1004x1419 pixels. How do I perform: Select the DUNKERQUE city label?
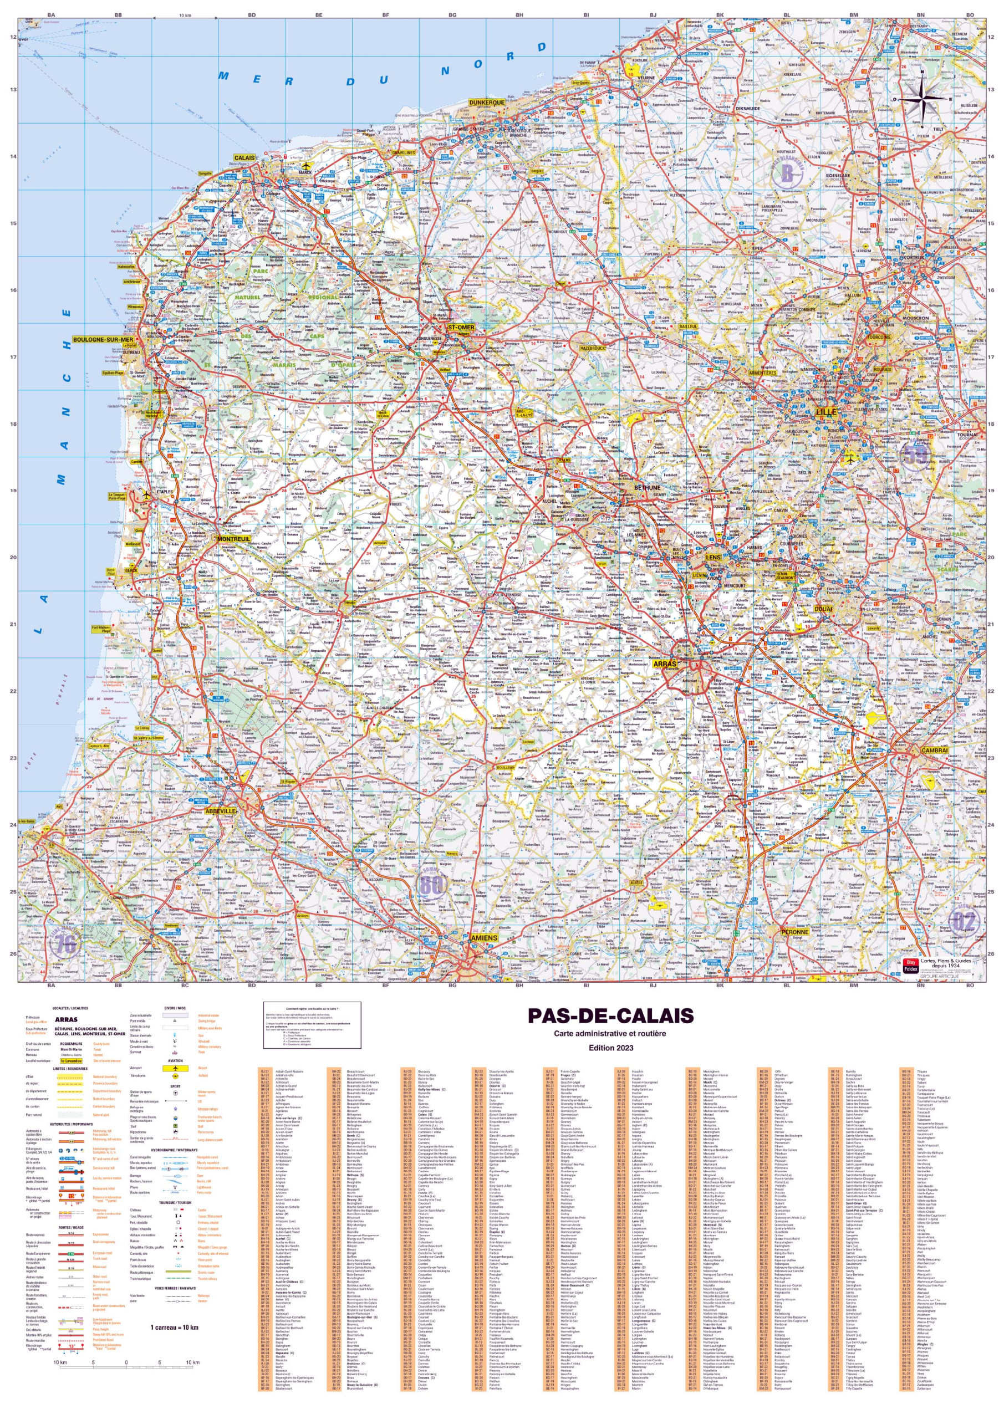(x=487, y=103)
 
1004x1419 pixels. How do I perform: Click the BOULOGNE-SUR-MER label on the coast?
(x=103, y=340)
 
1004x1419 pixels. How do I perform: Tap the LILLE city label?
(x=827, y=412)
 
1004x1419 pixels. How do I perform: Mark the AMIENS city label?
(x=484, y=938)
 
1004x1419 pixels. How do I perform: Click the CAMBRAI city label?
(x=934, y=751)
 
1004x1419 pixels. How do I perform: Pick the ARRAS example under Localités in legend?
(x=66, y=1020)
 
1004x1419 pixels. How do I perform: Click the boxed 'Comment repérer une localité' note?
(x=312, y=1018)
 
